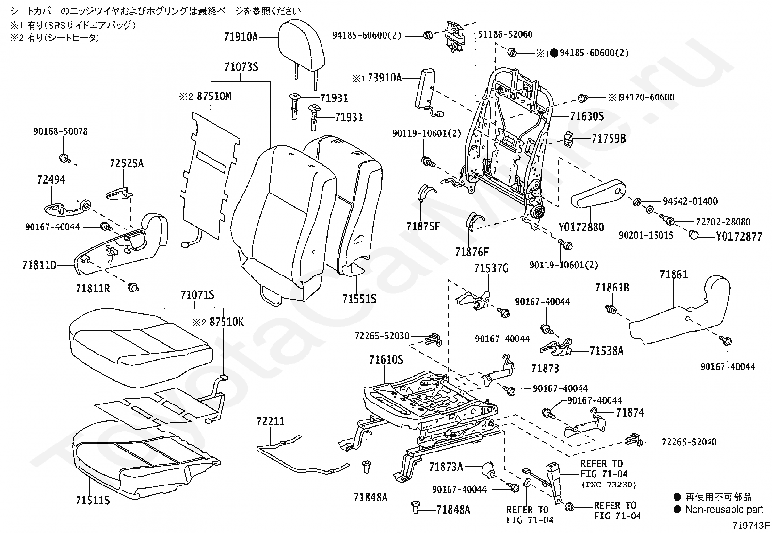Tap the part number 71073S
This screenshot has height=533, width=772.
241,67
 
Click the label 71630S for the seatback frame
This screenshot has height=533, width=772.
587,116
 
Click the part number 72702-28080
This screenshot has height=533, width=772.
723,222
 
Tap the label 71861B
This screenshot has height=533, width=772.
612,288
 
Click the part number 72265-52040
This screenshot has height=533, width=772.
689,442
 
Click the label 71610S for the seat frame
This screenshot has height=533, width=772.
386,360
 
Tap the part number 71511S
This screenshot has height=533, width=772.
93,500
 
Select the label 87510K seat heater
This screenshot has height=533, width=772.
226,322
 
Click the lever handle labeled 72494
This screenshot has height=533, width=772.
67,208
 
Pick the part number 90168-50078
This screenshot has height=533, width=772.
61,131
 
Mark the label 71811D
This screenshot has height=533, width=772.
39,265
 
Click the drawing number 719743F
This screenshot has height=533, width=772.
751,525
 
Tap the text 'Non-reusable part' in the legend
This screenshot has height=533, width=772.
724,509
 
